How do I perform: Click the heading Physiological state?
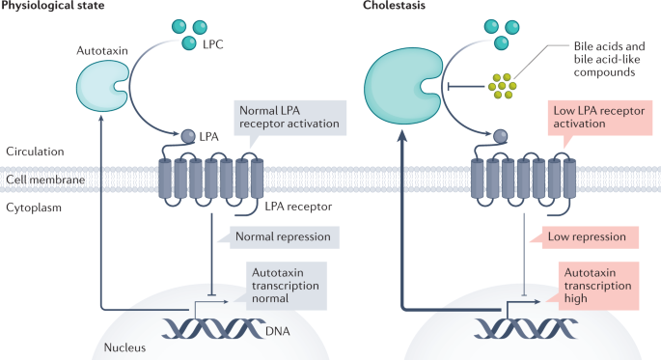(54, 8)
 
